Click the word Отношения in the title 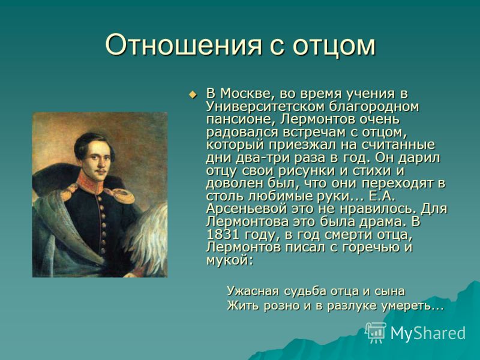pos(184,45)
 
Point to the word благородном pos(374,107)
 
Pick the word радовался pos(242,133)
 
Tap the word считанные pos(396,145)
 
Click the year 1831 pos(223,235)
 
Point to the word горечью pos(369,248)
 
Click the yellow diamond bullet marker pos(192,95)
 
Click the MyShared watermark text pos(428,333)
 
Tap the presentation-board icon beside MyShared pos(376,332)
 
